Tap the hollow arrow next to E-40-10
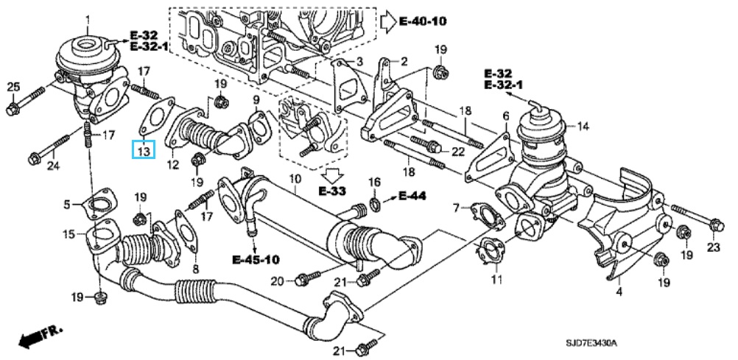pos(389,21)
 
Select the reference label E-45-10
pos(256,260)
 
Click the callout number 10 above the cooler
pos(294,179)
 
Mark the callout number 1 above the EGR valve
pos(88,18)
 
